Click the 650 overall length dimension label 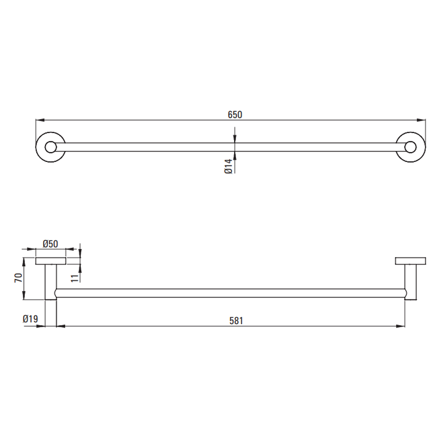point(235,115)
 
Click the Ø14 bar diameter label point(228,166)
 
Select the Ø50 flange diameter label point(51,244)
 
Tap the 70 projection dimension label point(18,278)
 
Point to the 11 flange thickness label point(75,278)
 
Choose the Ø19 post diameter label point(30,319)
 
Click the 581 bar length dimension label point(236,321)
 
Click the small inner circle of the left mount point(51,147)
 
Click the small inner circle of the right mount point(410,147)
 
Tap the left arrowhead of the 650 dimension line point(40,120)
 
